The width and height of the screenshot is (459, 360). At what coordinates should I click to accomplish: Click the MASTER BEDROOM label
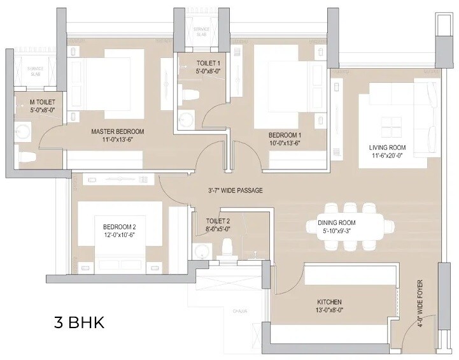coord(118,132)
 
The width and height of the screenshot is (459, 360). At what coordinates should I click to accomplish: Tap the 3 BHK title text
coord(78,322)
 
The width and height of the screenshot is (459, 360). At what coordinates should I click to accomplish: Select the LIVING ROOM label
coord(388,147)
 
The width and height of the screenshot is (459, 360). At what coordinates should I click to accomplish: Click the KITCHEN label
coord(329,301)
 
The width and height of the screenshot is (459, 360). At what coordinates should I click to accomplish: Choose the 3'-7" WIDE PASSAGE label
coord(235,191)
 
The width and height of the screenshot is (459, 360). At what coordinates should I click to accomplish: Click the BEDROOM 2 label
coord(120,227)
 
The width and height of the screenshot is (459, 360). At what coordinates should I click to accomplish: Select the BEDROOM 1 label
coord(285,135)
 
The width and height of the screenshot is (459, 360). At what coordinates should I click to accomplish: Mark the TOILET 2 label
coord(218,221)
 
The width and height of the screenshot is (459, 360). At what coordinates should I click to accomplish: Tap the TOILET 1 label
coord(191,63)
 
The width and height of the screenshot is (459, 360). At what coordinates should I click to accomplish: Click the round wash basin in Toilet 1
coord(187,119)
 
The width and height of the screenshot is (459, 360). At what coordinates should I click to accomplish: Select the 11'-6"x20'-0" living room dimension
coord(388,155)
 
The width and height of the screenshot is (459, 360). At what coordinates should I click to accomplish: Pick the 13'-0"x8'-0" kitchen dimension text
coord(329,310)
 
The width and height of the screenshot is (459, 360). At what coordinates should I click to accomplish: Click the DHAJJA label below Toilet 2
coord(239,311)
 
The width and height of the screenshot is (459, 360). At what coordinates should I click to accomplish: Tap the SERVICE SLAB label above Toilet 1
coord(201,32)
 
